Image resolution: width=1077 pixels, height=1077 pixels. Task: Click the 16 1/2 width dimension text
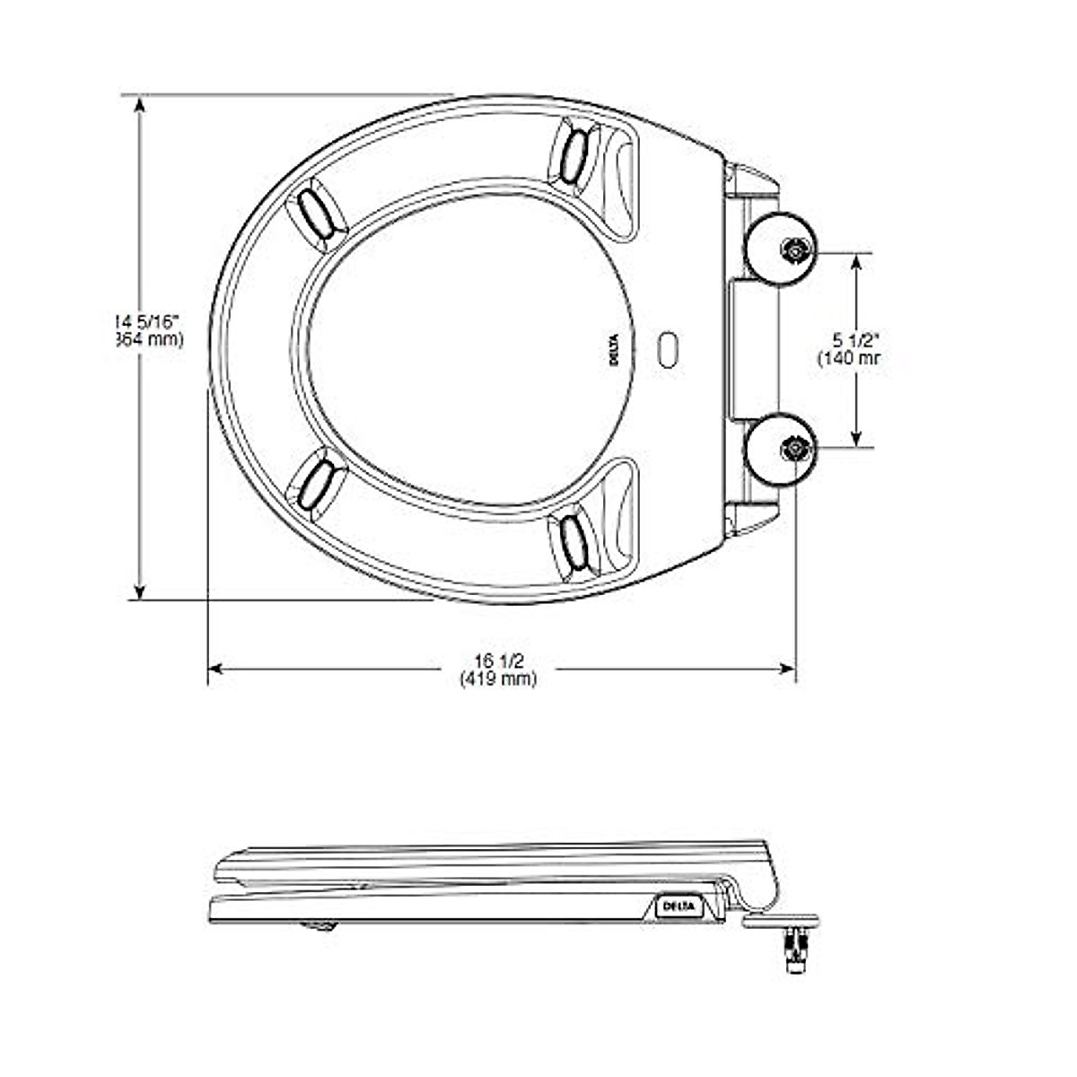click(499, 661)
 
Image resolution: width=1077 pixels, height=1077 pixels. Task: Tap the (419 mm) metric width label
click(499, 679)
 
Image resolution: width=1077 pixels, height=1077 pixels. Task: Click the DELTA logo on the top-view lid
click(616, 348)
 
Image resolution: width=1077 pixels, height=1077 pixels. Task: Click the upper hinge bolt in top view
click(794, 252)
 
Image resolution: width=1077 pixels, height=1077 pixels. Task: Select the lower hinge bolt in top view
click(794, 447)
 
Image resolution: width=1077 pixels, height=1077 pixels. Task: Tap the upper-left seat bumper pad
click(316, 214)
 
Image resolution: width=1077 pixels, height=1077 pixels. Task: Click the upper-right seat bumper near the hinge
click(574, 153)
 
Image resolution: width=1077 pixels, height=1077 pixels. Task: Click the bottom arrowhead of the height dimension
click(139, 591)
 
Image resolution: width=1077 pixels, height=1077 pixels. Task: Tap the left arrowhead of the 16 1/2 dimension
click(215, 669)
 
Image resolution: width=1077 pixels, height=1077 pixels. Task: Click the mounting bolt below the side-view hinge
click(794, 951)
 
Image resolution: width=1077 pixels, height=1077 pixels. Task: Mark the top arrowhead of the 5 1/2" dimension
click(857, 261)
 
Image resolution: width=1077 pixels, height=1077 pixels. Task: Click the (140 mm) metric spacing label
click(849, 358)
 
